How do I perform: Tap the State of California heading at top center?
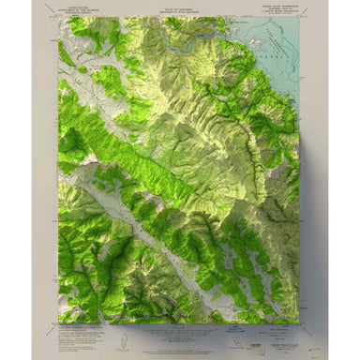click(178, 9)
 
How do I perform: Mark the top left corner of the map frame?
click(59, 16)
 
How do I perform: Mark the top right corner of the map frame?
click(300, 16)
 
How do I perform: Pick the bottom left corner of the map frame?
click(59, 323)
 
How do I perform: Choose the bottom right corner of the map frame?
click(300, 323)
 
